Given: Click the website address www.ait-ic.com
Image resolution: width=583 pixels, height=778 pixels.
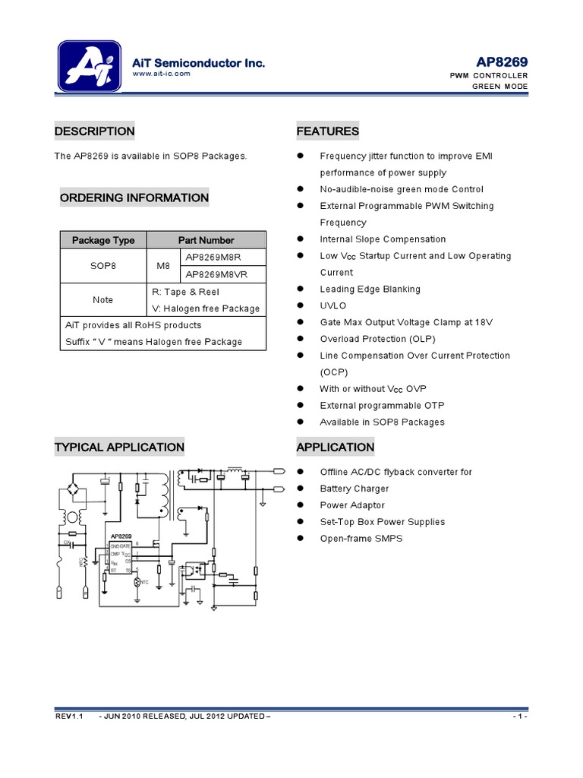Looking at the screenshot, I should click(161, 74).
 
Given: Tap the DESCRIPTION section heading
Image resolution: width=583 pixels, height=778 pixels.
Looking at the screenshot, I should click(94, 131).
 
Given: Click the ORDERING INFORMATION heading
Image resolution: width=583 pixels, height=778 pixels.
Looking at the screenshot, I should click(134, 198).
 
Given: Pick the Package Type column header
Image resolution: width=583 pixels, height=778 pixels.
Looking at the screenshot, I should click(103, 240).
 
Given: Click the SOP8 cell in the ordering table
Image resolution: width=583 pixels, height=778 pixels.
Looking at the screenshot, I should click(103, 266).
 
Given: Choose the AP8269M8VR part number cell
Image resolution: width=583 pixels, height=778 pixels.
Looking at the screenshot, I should click(222, 274).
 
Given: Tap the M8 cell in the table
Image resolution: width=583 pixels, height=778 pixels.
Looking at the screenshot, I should click(163, 266).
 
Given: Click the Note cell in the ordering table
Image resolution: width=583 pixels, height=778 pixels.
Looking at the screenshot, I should click(103, 300).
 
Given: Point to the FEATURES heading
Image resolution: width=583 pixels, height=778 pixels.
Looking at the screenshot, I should click(327, 131).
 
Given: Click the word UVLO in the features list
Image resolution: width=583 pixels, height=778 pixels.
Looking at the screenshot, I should click(332, 305).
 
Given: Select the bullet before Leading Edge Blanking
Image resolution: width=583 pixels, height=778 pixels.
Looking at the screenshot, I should click(301, 289).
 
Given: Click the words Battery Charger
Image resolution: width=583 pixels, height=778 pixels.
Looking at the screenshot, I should click(354, 489).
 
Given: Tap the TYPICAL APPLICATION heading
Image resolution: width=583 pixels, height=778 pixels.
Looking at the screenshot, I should click(119, 448).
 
